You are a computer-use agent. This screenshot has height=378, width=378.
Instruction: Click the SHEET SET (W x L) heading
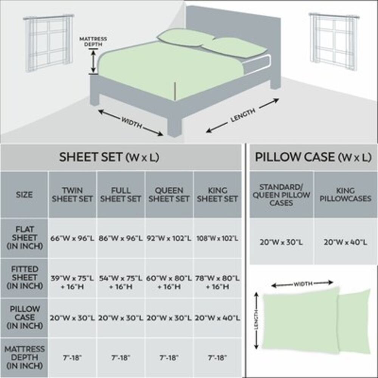[109, 157]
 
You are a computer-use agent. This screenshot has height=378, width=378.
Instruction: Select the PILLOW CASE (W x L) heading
[313, 157]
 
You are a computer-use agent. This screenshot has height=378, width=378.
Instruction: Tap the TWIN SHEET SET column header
[72, 195]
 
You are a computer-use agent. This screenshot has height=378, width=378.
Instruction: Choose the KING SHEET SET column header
[217, 195]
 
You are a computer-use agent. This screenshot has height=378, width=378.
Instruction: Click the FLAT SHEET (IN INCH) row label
[24, 238]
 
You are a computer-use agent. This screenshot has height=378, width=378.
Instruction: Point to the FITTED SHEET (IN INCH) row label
[24, 278]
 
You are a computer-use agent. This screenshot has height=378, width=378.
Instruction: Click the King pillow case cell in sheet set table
[217, 318]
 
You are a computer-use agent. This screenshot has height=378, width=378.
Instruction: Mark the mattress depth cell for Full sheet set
[121, 358]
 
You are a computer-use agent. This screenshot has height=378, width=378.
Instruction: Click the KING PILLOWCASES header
[345, 195]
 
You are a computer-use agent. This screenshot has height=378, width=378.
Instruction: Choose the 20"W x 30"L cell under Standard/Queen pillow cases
[281, 242]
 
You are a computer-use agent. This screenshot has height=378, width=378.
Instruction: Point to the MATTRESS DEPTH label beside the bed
[93, 41]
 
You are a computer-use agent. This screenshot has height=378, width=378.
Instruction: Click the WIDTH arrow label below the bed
[131, 122]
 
